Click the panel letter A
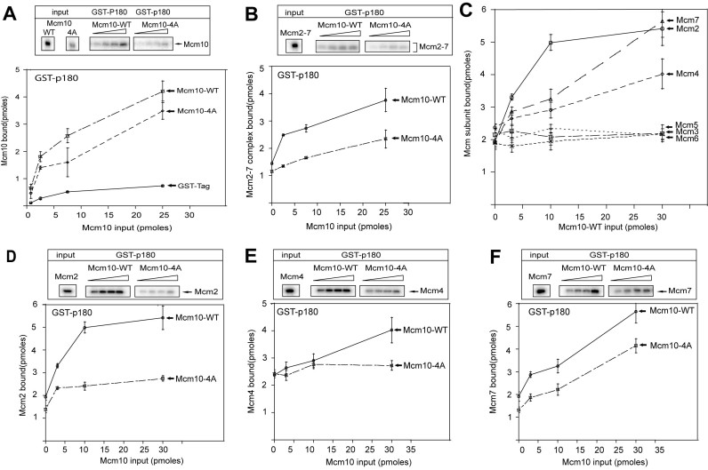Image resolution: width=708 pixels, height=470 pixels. pos(8,9)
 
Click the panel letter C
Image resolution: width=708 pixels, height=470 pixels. pos(484,10)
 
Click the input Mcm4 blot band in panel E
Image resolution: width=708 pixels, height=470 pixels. pos(292,289)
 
